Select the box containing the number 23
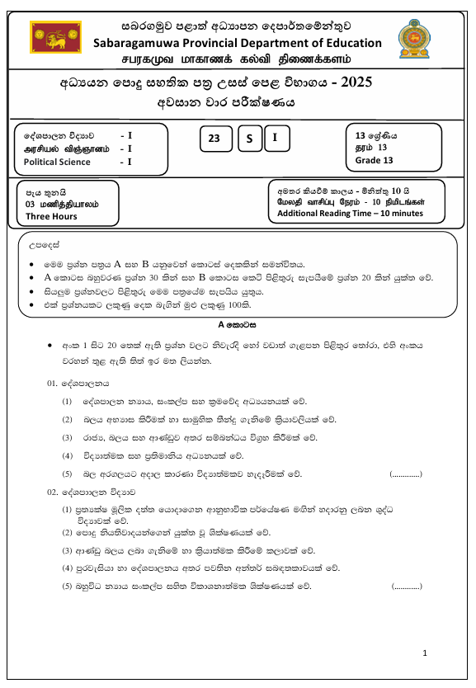coord(214,139)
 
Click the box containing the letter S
coord(248,139)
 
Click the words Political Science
coord(57,162)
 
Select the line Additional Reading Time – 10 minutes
coord(350,213)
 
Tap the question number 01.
coord(54,384)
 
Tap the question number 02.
coord(54,492)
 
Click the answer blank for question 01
coord(405,474)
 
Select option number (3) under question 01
coord(68,437)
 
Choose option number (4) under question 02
coord(68,568)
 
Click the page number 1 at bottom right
coord(425,653)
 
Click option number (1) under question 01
coord(68,401)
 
